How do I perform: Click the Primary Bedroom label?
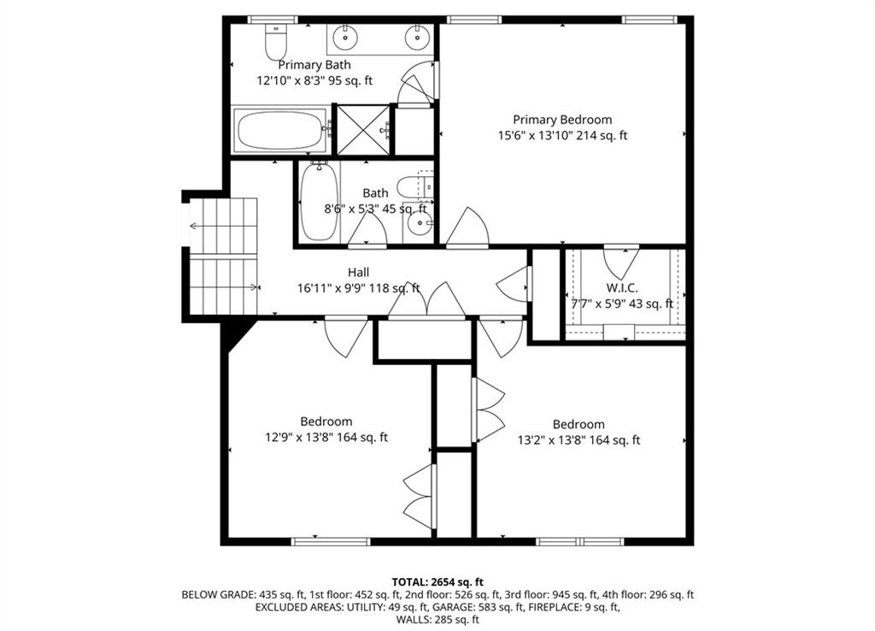pos(562,120)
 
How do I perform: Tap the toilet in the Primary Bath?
pos(276,41)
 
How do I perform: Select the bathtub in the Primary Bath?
pos(281,132)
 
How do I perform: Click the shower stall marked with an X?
pos(362,130)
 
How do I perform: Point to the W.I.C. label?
pos(622,288)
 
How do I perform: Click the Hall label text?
pos(358,273)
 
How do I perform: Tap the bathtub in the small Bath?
pos(319,202)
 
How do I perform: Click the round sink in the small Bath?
pos(419,224)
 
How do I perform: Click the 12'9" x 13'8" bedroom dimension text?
pos(326,438)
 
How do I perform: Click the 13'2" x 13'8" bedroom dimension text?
pos(578,440)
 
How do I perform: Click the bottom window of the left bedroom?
pos(331,540)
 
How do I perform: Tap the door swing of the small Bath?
pos(368,231)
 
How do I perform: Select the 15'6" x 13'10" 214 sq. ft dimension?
pos(562,135)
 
